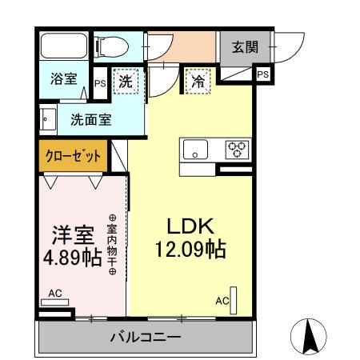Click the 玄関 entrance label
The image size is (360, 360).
pos(245,46)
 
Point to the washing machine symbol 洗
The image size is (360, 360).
pos(126,81)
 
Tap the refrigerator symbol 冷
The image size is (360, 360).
pos(197,80)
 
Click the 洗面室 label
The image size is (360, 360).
pos(90,120)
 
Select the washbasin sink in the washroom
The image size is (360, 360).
pos(47,120)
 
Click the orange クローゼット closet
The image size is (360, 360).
pos(72,156)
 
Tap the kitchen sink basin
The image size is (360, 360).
pos(196,148)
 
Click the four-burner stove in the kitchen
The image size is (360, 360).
pos(236,148)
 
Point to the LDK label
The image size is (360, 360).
pos(188,224)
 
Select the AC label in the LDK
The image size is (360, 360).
pos(222,301)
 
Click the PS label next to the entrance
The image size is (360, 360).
pos(262,74)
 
